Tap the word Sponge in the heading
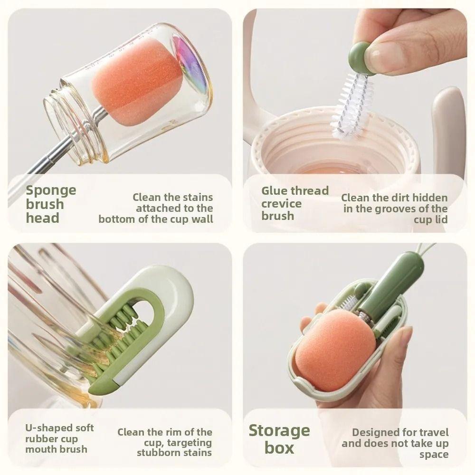(x=51, y=191)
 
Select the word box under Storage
(x=279, y=448)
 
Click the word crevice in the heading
(x=281, y=204)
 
